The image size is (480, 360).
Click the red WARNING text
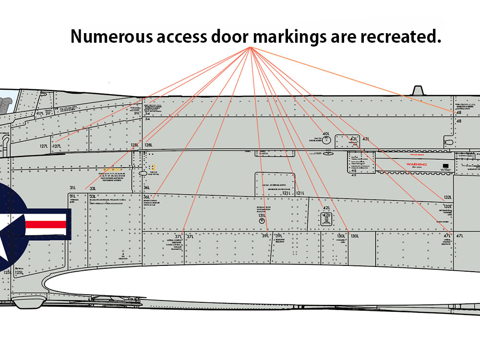[x=416, y=164]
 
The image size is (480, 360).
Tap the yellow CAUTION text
[x=111, y=170]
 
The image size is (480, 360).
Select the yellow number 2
[x=154, y=168]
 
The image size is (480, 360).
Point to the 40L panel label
[x=326, y=134]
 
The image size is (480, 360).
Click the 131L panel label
[x=262, y=216]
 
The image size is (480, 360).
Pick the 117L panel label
[x=41, y=114]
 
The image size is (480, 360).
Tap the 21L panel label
[x=137, y=113]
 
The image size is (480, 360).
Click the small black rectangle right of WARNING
[x=446, y=166]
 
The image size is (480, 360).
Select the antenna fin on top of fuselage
[x=417, y=91]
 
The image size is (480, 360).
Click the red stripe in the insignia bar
[x=45, y=224]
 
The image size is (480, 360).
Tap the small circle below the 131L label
[x=262, y=222]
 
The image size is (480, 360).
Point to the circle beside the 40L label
[x=326, y=140]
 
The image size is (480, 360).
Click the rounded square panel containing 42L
[x=326, y=219]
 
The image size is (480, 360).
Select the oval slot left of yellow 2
[x=144, y=172]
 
